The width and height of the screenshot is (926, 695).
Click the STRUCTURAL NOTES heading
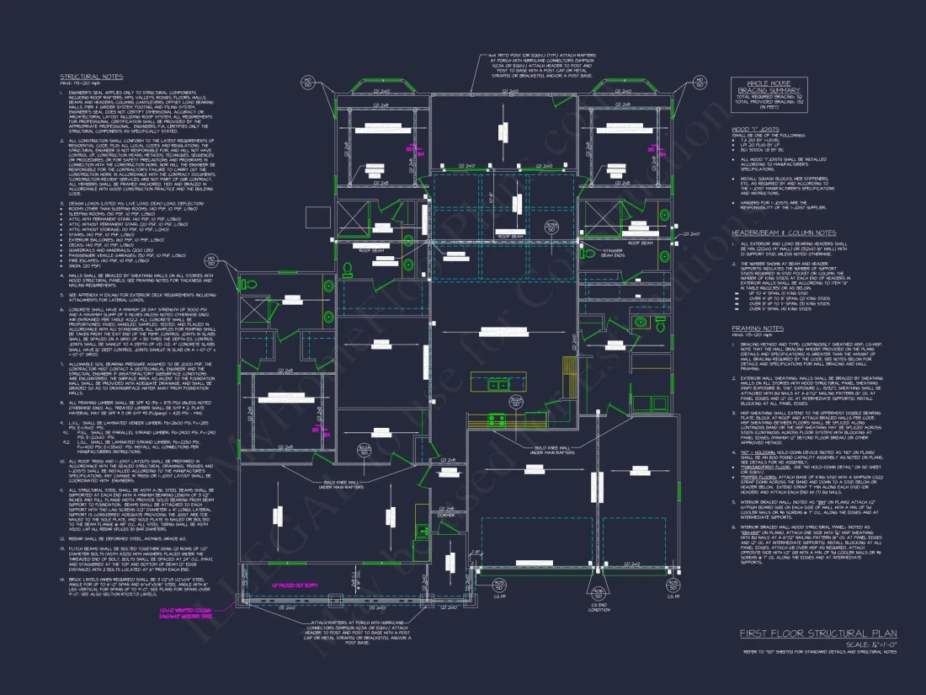pyautogui.click(x=79, y=78)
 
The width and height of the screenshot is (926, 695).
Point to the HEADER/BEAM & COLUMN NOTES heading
pyautogui.click(x=784, y=233)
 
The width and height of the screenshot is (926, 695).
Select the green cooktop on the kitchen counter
pyautogui.click(x=497, y=419)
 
